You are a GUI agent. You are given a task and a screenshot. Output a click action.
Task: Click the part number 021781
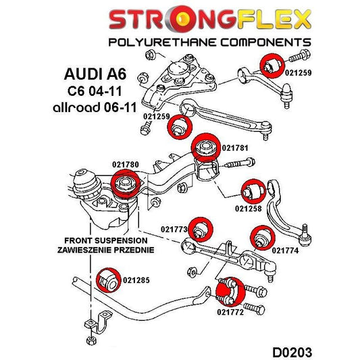[x=236, y=148]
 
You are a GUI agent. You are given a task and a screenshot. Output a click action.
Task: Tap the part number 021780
[x=126, y=163]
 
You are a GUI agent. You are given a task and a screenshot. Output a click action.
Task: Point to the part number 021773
[x=174, y=230]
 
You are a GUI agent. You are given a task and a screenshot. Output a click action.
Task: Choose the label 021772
[x=230, y=312]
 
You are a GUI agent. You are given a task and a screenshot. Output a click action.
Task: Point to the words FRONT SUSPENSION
[x=105, y=240]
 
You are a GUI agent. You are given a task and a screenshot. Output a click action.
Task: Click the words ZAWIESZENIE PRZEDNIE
[x=105, y=249]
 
